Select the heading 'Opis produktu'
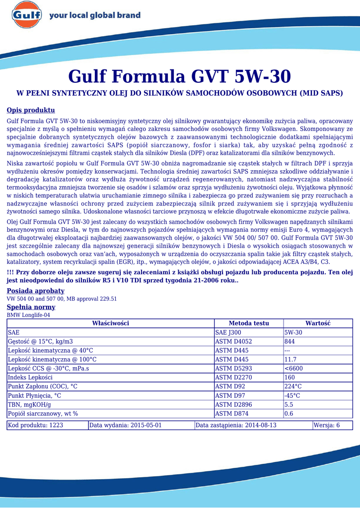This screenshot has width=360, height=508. coord(30,110)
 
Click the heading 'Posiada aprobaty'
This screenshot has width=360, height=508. coord(35,291)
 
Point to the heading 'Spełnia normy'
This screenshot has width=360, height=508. coord(31,307)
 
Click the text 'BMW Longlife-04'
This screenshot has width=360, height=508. coord(28,315)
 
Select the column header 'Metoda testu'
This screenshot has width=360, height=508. coord(248,323)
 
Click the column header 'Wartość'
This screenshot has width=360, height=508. coord(317,323)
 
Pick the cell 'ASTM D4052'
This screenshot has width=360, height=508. coord(233,341)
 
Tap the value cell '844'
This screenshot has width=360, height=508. coord(289,341)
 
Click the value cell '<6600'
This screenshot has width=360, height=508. coord(293,368)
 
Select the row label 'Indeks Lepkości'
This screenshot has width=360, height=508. coord(30,377)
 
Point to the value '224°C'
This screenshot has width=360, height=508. coord(293,386)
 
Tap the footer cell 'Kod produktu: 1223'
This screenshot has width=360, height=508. coord(35,425)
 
